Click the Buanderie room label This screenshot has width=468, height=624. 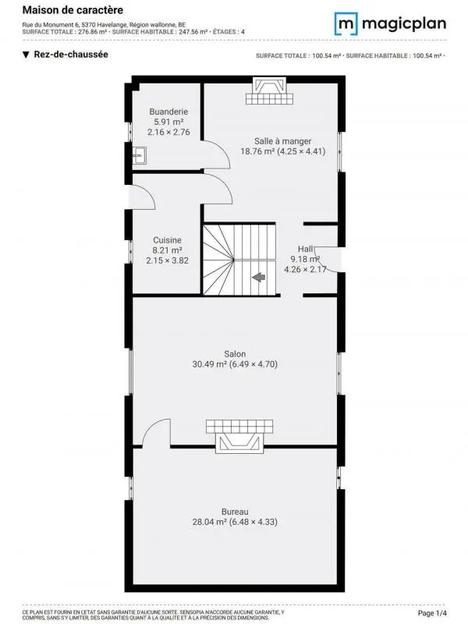tap(168, 112)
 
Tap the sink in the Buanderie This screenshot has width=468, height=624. tap(140, 155)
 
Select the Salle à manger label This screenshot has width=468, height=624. tap(282, 141)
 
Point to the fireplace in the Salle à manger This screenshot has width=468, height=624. tap(269, 91)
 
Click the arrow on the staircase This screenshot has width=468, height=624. tap(259, 277)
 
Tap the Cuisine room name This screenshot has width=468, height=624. tap(167, 240)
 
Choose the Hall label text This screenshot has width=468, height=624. tap(305, 249)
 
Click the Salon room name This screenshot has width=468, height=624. tap(235, 354)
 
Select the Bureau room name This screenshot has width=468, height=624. tap(235, 512)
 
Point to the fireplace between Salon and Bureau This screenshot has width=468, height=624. tap(239, 436)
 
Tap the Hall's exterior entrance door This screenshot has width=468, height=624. tap(328, 260)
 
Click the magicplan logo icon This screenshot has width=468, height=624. tap(346, 23)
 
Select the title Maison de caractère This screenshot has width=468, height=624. tap(73, 10)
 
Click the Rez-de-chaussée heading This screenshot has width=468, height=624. tap(71, 55)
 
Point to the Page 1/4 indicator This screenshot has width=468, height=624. tap(432, 613)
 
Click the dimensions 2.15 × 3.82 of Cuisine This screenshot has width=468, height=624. tap(167, 261)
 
